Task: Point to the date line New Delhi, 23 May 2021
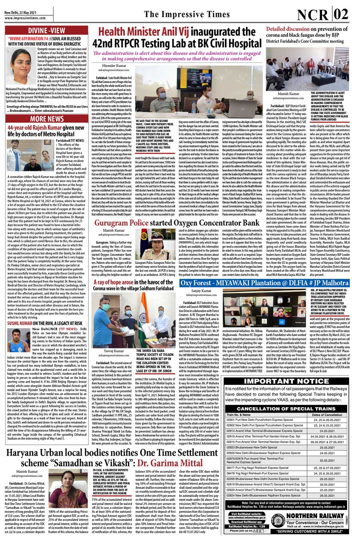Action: pos(20,12)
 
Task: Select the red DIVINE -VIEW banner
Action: pos(46,30)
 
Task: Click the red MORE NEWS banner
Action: pos(46,119)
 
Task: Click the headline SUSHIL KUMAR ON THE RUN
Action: pos(45,323)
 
